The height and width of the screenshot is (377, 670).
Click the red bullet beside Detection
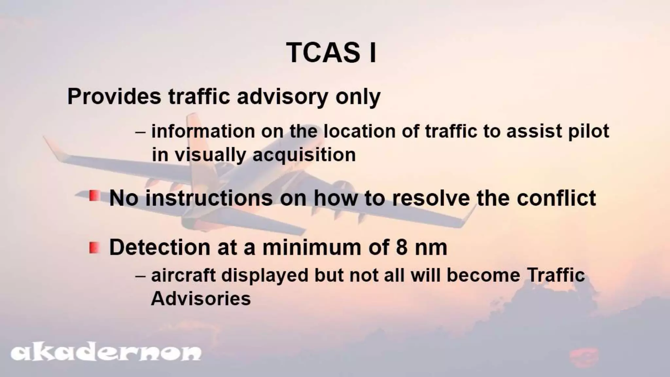coord(94,247)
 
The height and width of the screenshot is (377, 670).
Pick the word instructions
coord(209,198)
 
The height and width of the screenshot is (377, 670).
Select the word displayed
coord(265,275)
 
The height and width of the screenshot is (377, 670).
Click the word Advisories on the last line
coord(201,298)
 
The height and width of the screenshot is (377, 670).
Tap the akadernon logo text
coord(106,353)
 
